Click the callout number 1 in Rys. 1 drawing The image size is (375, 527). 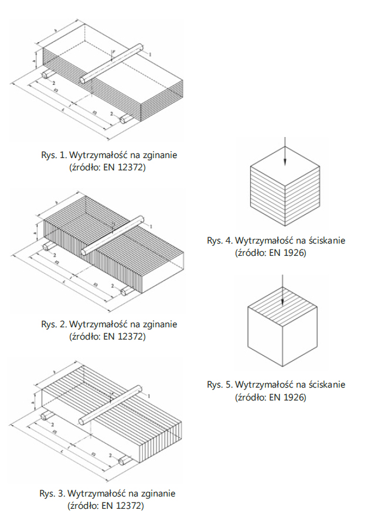pos(151,54)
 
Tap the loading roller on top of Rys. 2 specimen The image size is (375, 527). pos(114,235)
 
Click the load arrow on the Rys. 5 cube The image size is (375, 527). pos(282,297)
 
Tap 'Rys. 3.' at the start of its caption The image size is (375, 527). pos(53,493)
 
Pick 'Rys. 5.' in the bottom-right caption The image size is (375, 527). pos(220,385)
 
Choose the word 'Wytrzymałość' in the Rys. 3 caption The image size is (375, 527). pos(96,493)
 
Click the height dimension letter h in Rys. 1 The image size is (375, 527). pos(35,60)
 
